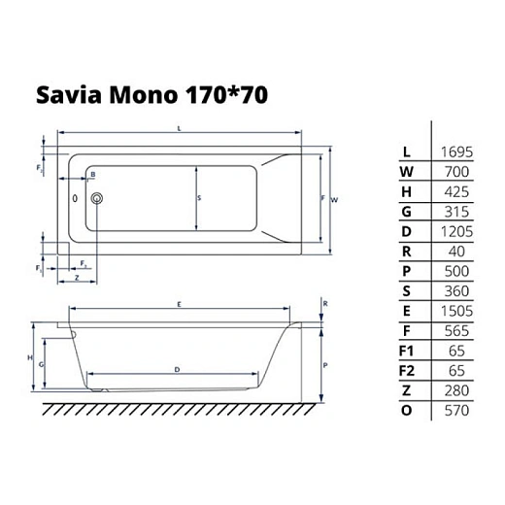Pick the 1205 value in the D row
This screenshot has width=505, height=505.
click(456, 231)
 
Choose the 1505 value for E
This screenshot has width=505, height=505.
click(456, 311)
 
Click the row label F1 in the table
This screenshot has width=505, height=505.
click(408, 351)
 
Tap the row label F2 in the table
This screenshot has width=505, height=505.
click(408, 370)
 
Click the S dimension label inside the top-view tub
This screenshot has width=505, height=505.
click(199, 196)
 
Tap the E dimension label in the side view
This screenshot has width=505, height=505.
click(180, 305)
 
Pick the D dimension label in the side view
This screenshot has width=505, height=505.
click(175, 370)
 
